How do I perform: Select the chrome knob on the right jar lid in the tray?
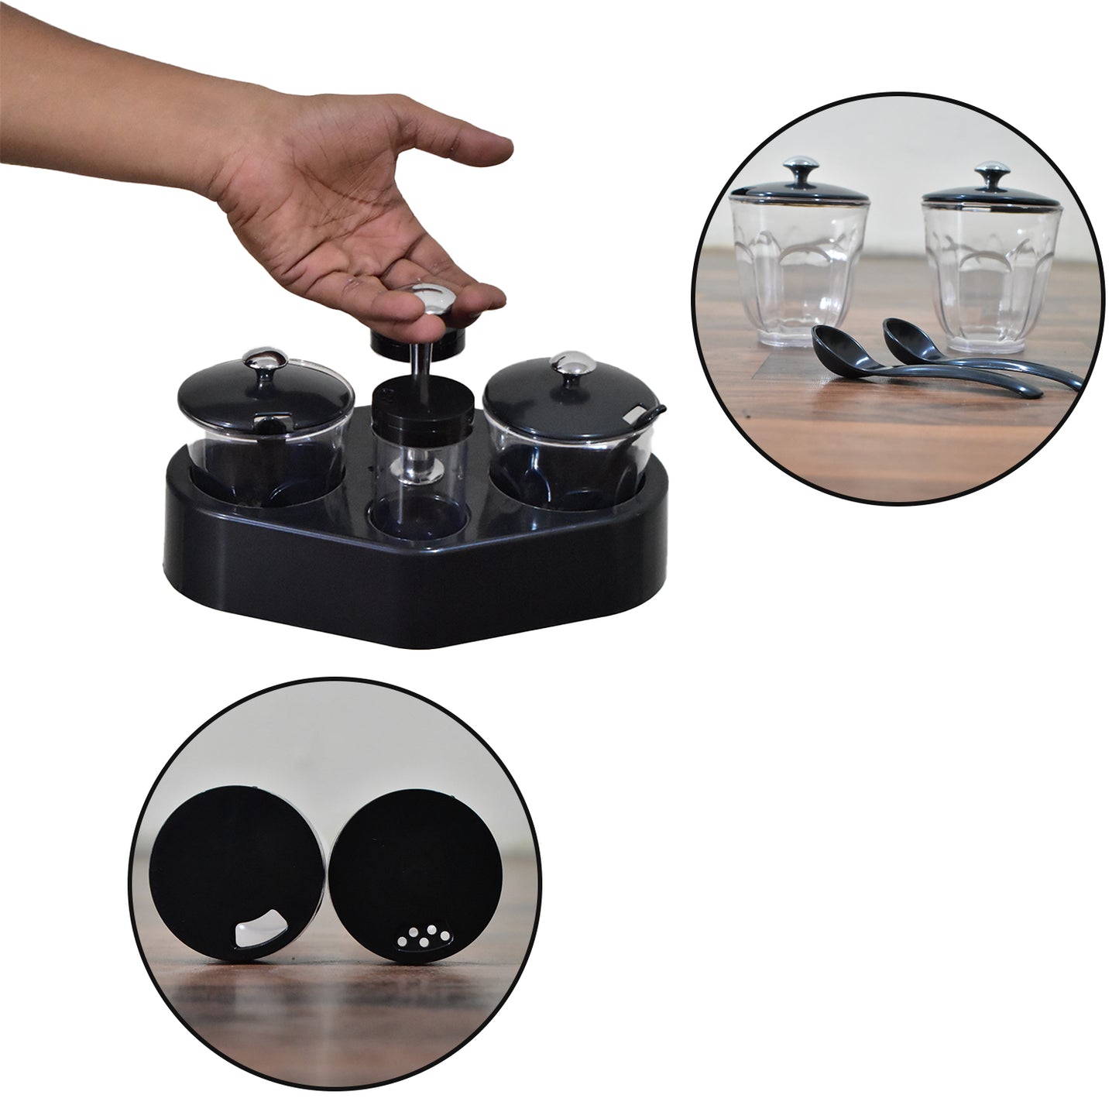tap(565, 363)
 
